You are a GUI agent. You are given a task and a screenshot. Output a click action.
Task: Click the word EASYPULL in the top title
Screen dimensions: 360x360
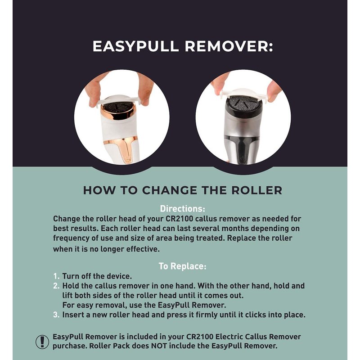point(135,46)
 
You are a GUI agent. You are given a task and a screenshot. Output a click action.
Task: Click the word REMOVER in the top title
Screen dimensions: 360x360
point(229,46)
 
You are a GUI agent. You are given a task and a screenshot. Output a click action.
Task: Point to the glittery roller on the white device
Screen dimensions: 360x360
point(118,107)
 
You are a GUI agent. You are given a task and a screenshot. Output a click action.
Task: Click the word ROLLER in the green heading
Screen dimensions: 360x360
point(256,190)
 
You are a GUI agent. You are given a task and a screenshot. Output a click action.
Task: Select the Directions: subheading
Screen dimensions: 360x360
point(183,208)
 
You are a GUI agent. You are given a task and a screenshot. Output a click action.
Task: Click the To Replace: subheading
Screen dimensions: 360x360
point(183,266)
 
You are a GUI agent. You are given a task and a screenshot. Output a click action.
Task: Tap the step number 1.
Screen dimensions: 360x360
point(56,276)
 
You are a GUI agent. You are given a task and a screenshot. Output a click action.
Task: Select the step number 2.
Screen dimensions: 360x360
point(56,286)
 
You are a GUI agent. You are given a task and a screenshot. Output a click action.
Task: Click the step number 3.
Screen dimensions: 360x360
point(56,315)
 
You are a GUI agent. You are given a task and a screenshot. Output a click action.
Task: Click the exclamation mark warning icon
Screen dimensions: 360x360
point(42,342)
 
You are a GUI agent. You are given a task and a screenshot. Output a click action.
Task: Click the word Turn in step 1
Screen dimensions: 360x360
point(71,276)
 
